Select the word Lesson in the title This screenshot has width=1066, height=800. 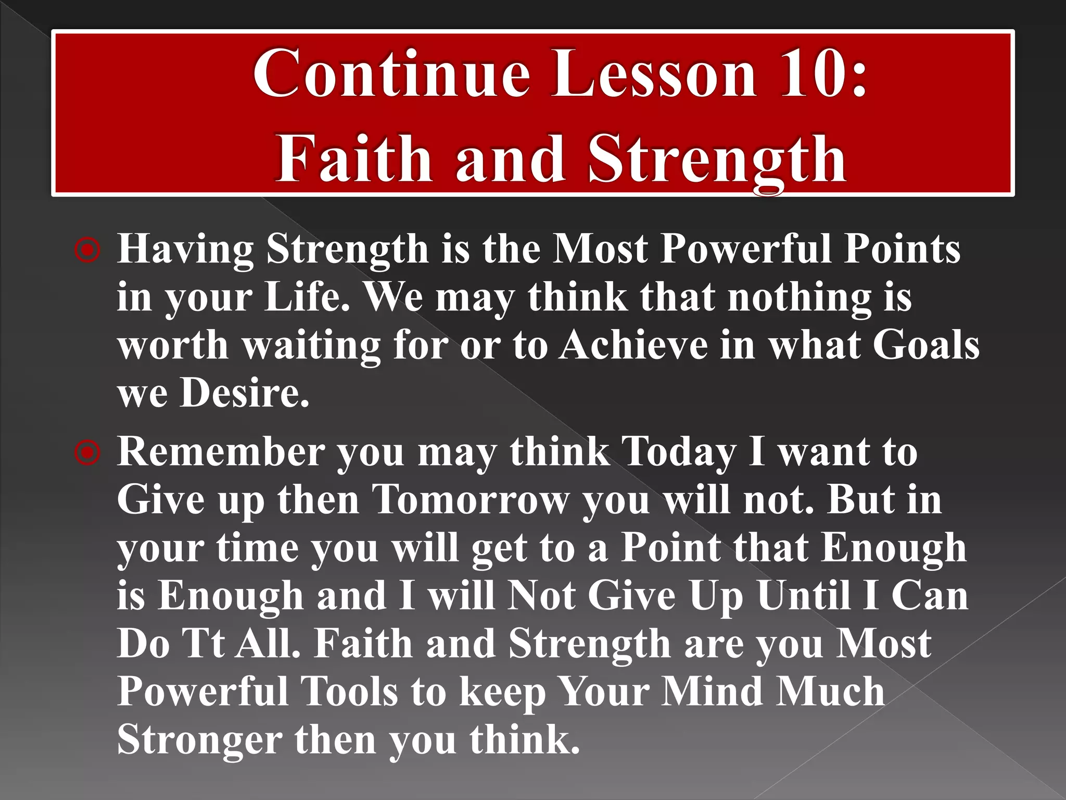coord(653,74)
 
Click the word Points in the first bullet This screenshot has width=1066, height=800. coord(902,249)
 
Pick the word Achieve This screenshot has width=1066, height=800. coord(633,345)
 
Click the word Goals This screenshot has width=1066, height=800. coord(925,345)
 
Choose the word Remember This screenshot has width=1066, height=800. coord(221,452)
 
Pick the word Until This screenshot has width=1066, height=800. coord(804,595)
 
